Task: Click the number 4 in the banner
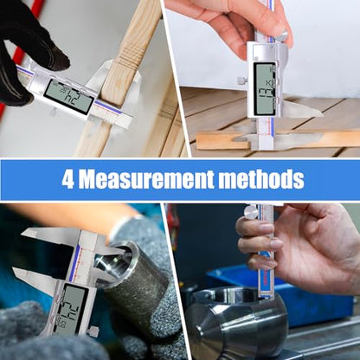pos(68,180)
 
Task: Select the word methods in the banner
pos(264,180)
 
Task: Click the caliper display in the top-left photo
pos(68,95)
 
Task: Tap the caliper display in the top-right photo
pos(265,87)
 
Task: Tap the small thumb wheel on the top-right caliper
pos(241,80)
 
